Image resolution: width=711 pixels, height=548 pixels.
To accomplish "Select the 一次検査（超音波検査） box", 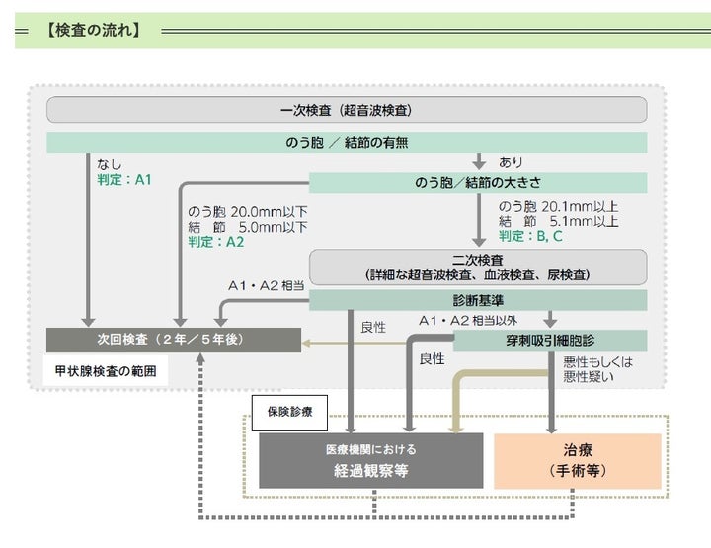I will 347,109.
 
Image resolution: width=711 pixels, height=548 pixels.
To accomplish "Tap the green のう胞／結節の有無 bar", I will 347,143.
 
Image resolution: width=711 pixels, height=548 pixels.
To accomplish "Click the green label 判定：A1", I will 123,180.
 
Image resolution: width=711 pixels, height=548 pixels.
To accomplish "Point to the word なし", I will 109,164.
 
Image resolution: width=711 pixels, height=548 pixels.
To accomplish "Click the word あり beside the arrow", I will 511,162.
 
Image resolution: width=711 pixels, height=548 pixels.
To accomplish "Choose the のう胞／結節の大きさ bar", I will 478,183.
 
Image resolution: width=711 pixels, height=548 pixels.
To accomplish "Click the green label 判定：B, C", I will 530,236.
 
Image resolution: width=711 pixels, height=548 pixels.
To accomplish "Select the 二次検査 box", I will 478,267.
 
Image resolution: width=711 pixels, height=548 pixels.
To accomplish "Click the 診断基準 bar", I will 478,300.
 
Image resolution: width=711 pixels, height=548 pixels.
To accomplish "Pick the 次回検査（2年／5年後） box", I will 173,340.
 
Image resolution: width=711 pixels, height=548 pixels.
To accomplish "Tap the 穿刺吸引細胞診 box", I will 550,340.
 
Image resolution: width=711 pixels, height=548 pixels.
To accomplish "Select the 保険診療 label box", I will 289,411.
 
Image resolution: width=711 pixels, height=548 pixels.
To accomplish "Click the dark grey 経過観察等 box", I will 371,460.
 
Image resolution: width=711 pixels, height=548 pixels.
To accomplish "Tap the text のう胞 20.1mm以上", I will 558,206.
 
